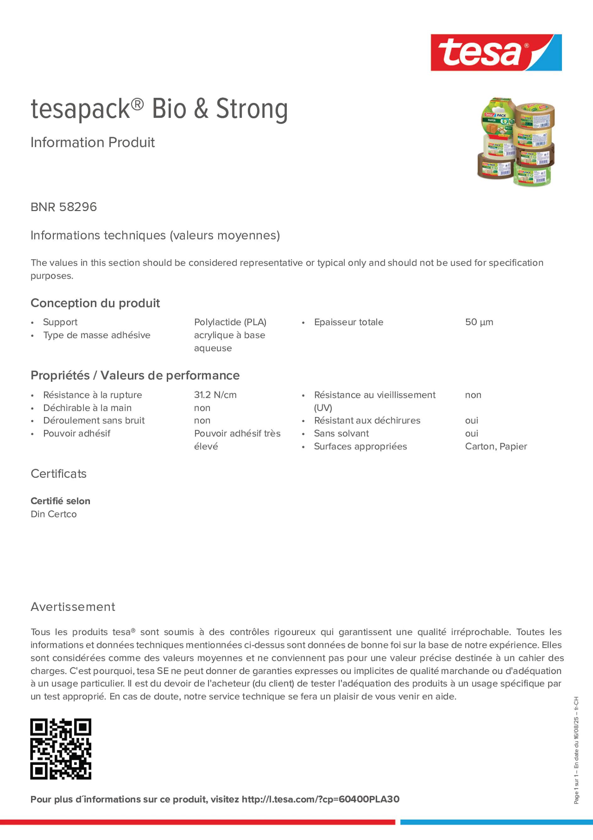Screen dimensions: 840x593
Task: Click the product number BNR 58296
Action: tap(63, 207)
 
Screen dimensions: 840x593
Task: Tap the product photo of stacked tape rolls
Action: tap(516, 141)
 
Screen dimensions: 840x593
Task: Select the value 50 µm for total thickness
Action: tap(479, 322)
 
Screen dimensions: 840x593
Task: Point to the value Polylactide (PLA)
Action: tap(230, 322)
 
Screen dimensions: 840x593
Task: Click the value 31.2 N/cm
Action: tap(215, 395)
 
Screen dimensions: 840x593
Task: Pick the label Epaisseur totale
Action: tap(349, 322)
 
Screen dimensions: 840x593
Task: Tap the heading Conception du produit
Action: tap(95, 303)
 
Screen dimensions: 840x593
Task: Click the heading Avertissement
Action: tap(73, 607)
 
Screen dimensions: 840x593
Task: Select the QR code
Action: tap(61, 749)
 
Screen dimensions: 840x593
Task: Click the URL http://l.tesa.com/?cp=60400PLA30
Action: tap(320, 799)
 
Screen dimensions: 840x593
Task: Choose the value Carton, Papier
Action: tap(496, 446)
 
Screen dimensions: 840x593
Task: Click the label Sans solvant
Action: tap(341, 434)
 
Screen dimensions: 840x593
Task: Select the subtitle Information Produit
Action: tap(92, 142)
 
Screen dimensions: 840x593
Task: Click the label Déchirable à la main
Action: tap(87, 408)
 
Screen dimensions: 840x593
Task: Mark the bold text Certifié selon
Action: tap(60, 501)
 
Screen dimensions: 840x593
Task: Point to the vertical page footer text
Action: tap(576, 750)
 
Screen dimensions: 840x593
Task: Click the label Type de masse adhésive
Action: tap(96, 335)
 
